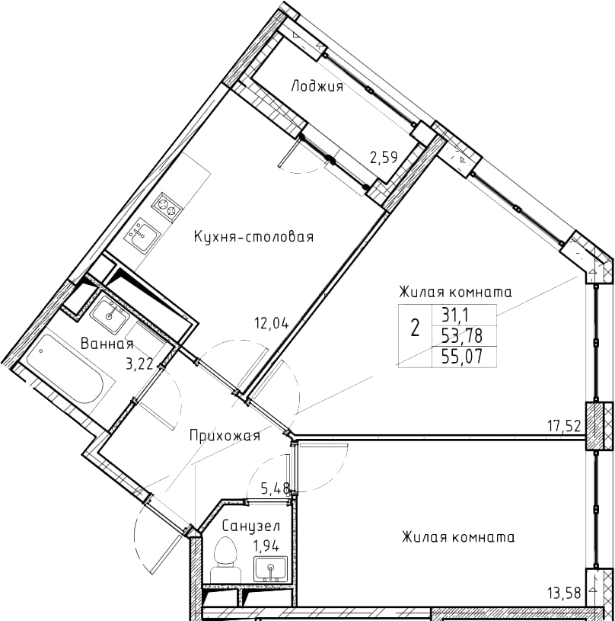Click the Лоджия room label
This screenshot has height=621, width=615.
tap(317, 86)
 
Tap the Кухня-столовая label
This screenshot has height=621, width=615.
tap(254, 237)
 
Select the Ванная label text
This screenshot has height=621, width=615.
tap(107, 344)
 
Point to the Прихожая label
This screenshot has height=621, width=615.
tap(225, 436)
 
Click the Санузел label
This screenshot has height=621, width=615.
tap(251, 527)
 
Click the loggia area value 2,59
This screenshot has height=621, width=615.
tap(384, 158)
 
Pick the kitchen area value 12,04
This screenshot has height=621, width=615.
tap(271, 324)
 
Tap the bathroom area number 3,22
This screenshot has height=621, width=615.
tap(139, 363)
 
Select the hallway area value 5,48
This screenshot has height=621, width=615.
tap(275, 486)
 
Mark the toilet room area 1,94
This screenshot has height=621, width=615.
tap(266, 546)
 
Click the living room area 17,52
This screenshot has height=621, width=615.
tap(564, 426)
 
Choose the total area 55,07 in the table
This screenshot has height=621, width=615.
tap(463, 357)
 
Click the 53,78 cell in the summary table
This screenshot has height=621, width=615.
tap(463, 336)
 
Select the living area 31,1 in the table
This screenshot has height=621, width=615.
tap(455, 316)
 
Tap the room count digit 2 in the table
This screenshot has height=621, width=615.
tap(415, 328)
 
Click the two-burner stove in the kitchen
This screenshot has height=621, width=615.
tap(167, 206)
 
